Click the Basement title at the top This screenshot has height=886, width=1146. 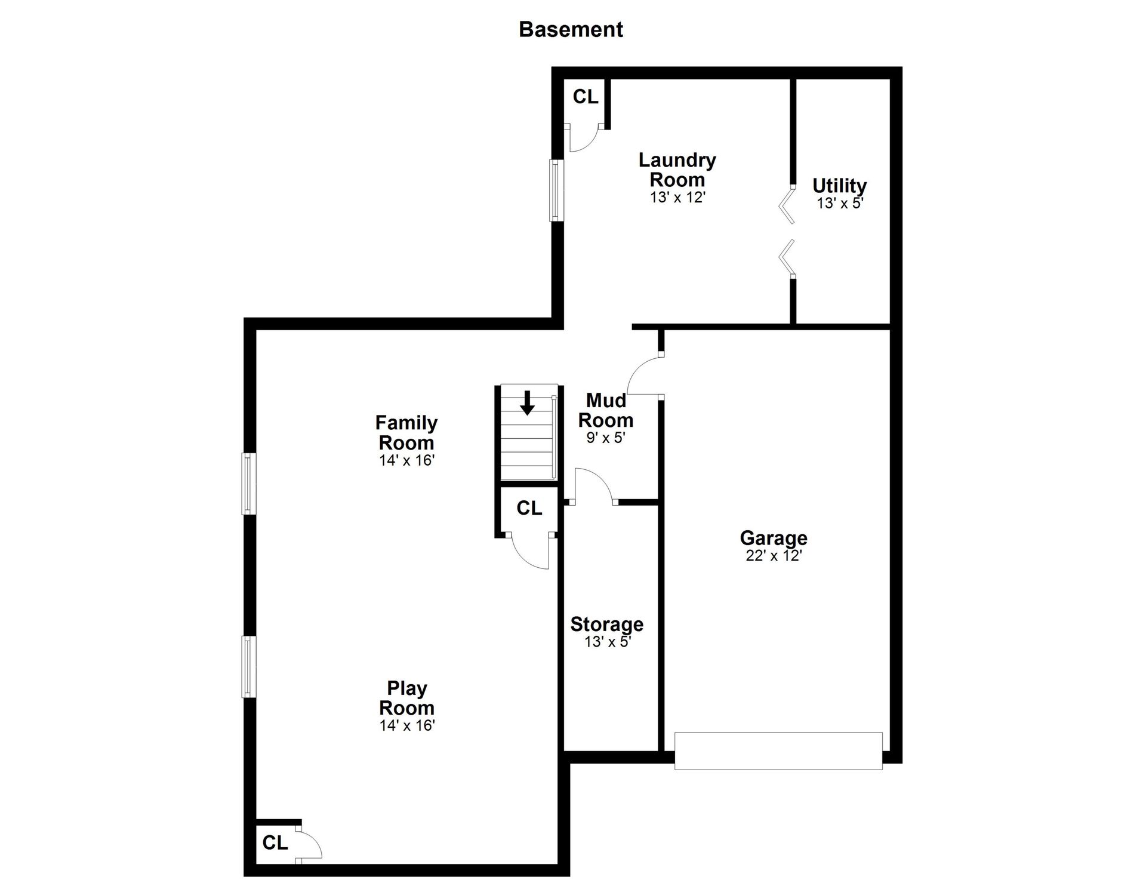click(571, 29)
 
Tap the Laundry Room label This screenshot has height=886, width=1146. click(677, 170)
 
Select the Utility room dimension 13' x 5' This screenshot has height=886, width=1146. click(840, 203)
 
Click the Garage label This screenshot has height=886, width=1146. click(774, 538)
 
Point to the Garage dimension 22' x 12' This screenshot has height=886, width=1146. click(774, 556)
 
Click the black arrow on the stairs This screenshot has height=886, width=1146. click(527, 402)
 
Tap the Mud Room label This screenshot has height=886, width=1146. click(606, 410)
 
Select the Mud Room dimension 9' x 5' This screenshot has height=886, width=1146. click(606, 438)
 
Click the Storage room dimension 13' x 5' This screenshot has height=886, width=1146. click(608, 642)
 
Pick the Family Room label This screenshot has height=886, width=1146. click(406, 433)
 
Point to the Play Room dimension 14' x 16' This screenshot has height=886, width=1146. click(407, 725)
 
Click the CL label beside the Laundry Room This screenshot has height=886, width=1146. click(586, 97)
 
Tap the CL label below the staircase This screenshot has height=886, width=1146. click(529, 508)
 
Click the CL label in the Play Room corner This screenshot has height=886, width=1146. click(275, 842)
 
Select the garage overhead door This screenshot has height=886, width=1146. click(778, 750)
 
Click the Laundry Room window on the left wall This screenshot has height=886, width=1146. click(556, 190)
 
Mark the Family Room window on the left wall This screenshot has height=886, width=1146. click(249, 484)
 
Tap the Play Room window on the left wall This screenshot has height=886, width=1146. click(249, 666)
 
